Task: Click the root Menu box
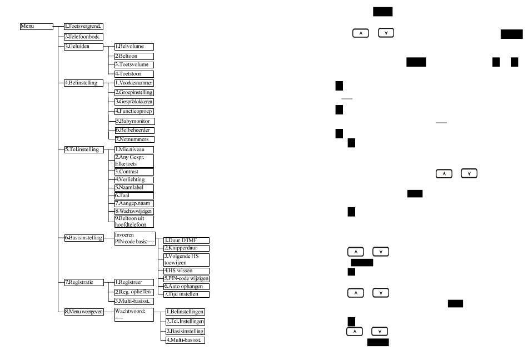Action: tap(36, 26)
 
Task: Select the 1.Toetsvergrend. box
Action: tap(83, 26)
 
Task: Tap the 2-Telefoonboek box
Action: tap(83, 37)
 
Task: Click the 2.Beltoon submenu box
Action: tap(133, 56)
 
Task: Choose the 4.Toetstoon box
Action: tap(133, 74)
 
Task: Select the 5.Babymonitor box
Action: tap(133, 121)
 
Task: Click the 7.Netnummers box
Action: tap(133, 139)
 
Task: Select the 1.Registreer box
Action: tap(133, 282)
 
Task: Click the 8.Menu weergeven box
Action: tap(83, 312)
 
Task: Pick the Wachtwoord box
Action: tap(133, 315)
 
